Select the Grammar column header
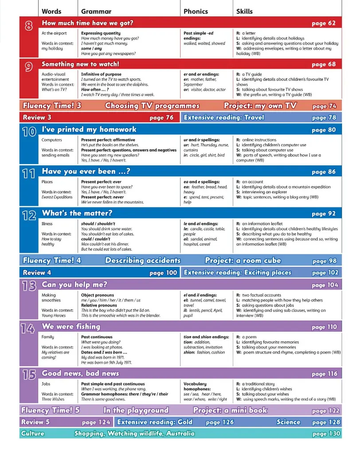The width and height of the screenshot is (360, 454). click(x=96, y=12)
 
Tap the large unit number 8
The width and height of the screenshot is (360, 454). click(x=29, y=26)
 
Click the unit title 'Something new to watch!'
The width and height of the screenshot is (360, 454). click(x=80, y=64)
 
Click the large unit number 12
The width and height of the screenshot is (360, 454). click(x=29, y=216)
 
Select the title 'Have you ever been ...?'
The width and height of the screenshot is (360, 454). click(x=85, y=172)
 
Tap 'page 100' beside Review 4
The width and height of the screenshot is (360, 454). click(x=163, y=273)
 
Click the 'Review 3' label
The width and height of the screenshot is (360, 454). click(x=37, y=117)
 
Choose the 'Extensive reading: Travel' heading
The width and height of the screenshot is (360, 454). click(x=223, y=117)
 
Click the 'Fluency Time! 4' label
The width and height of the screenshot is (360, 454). click(x=51, y=261)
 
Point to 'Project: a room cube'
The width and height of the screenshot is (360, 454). click(x=243, y=261)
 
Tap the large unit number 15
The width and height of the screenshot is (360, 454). click(x=29, y=375)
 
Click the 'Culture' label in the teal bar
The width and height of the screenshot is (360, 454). click(x=33, y=433)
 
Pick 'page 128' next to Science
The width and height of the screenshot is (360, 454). click(x=326, y=422)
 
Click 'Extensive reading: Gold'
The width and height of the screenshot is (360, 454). click(x=155, y=422)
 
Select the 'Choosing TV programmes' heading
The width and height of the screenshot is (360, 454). click(x=152, y=106)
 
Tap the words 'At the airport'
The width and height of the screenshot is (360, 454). click(x=54, y=33)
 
